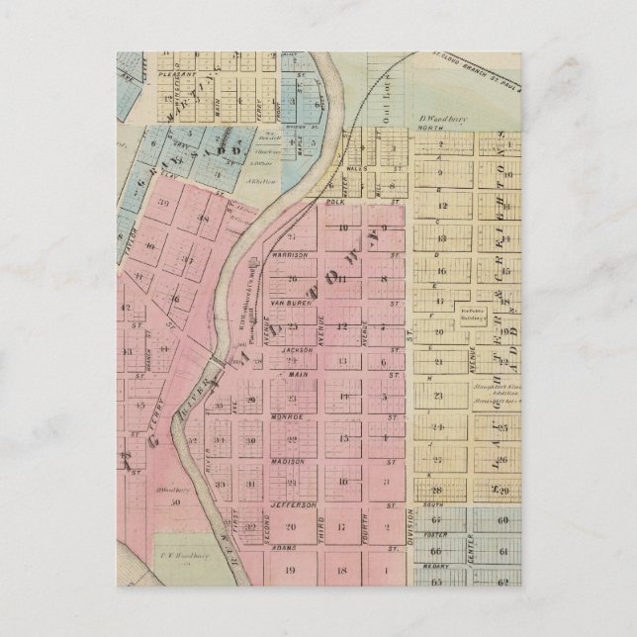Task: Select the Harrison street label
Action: point(290,254)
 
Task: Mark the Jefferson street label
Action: point(291,504)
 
